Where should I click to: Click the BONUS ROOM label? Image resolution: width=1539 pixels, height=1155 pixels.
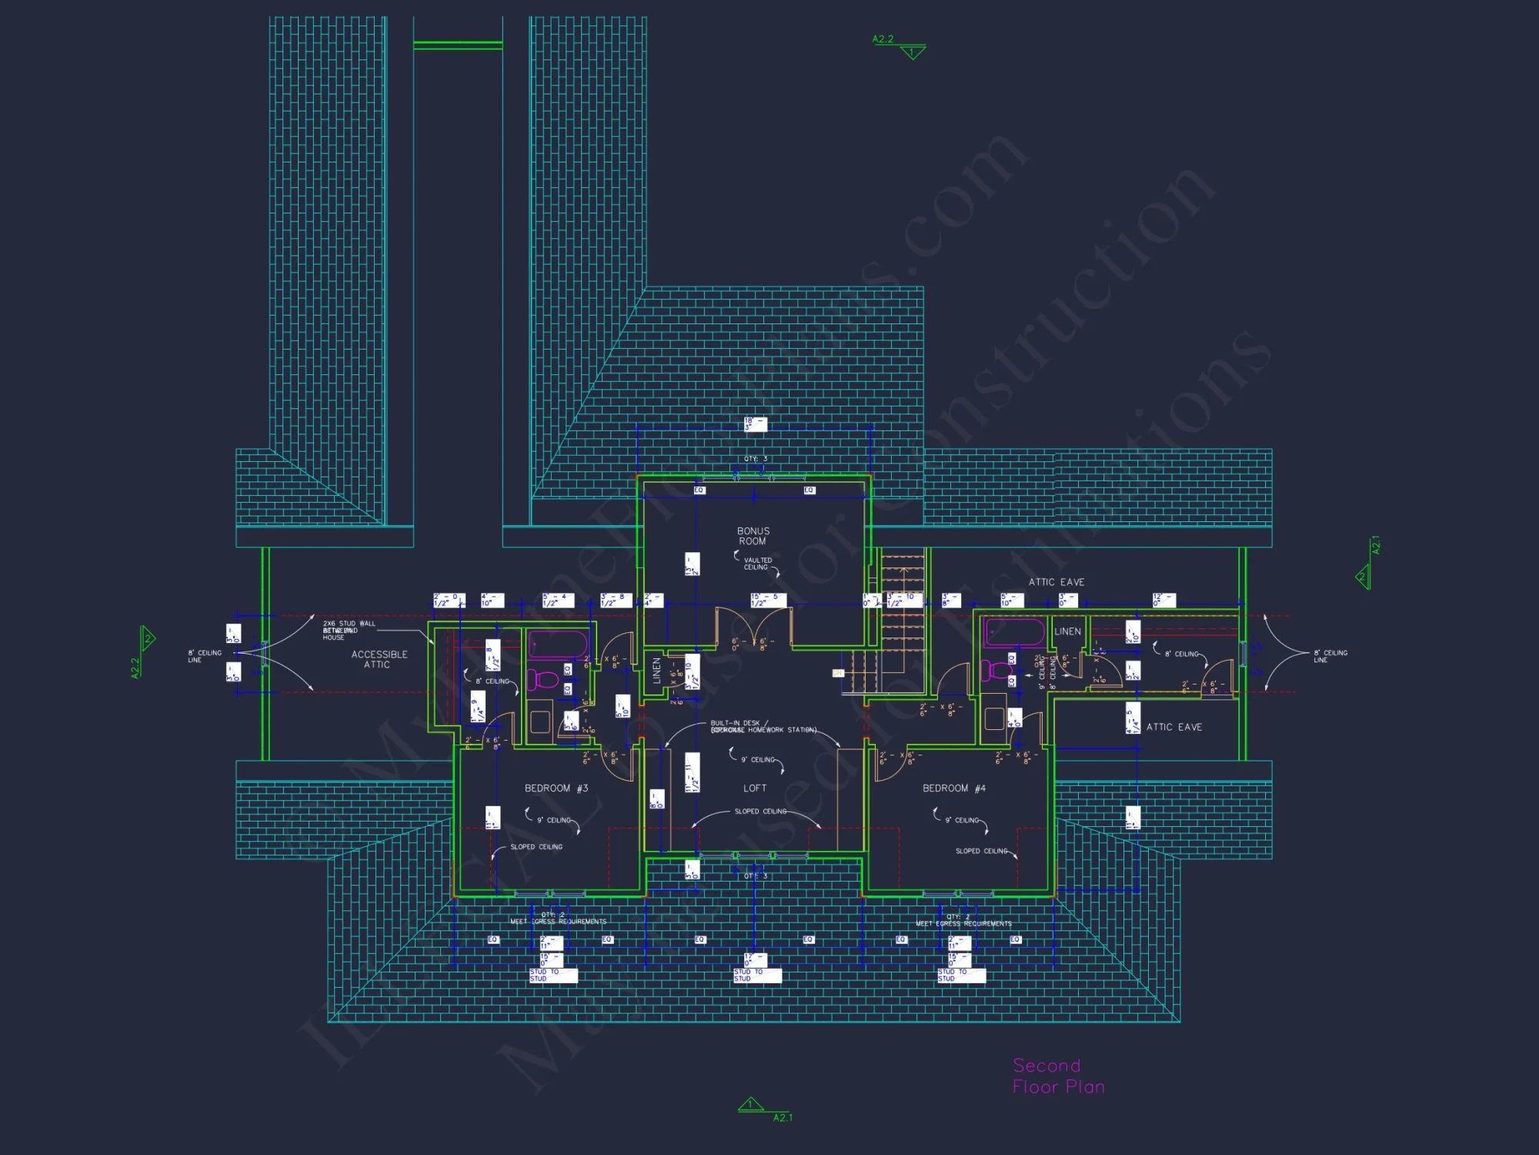(x=753, y=536)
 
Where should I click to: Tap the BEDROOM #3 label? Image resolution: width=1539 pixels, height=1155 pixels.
(x=556, y=788)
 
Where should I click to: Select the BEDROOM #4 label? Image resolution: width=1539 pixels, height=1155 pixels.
(x=953, y=788)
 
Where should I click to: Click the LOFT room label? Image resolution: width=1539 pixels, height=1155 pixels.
(x=754, y=788)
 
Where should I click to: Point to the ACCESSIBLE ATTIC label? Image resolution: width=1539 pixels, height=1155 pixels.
(x=379, y=659)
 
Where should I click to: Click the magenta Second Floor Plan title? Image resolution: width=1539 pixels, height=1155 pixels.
(x=1057, y=1076)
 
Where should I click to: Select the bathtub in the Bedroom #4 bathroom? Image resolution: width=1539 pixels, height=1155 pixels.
(x=1014, y=632)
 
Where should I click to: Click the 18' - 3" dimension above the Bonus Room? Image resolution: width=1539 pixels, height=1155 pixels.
(x=755, y=424)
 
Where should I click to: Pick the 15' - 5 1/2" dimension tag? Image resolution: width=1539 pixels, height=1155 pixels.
(x=769, y=600)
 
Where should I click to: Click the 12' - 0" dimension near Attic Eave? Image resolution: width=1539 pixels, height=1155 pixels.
(x=1163, y=600)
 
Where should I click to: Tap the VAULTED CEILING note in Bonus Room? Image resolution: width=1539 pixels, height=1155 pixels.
(x=757, y=564)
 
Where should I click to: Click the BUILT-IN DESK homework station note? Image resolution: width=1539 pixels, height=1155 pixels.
(x=762, y=727)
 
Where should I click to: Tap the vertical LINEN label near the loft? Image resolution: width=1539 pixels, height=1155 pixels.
(x=656, y=670)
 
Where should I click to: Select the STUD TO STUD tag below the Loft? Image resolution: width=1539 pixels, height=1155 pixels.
(x=757, y=976)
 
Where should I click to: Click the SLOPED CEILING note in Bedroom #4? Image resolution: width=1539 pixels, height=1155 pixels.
(x=981, y=851)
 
